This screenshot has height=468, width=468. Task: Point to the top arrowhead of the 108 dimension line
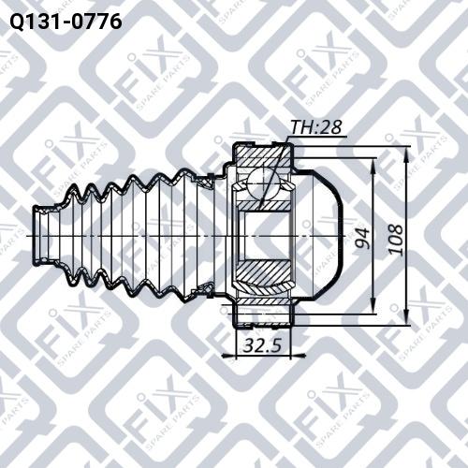(406, 154)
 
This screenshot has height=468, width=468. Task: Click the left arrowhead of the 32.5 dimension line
(235, 356)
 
